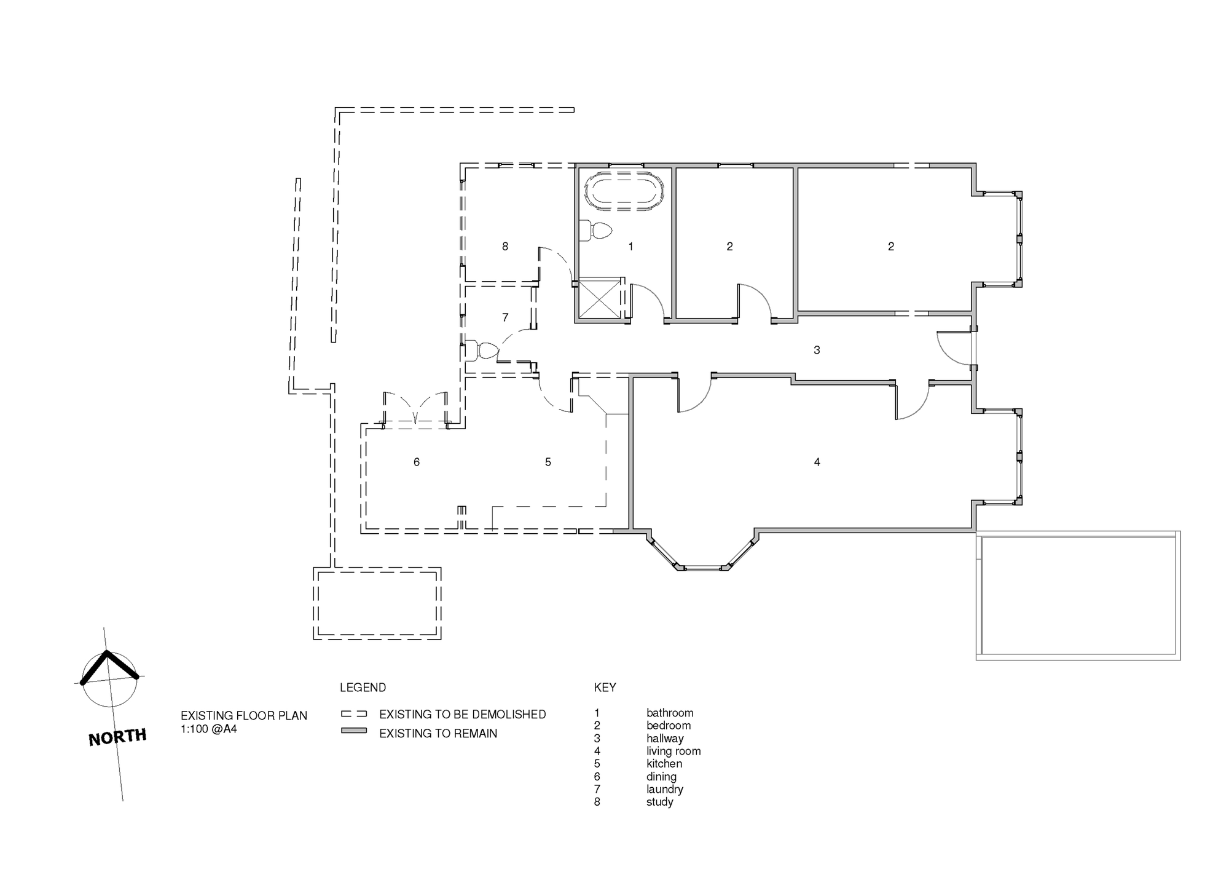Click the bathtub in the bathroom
pos(624,191)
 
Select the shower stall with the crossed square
pos(600,298)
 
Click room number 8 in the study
pos(505,247)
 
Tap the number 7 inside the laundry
pos(505,317)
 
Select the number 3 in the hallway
pos(817,350)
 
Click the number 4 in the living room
pos(817,462)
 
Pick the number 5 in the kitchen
pos(548,462)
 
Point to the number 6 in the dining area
pos(417,462)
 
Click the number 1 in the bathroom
pos(630,247)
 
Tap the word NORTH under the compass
pos(117,737)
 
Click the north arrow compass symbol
pos(109,678)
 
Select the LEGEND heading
pos(363,688)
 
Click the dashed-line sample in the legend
pos(354,714)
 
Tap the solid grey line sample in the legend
pos(354,731)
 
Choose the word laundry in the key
pos(665,789)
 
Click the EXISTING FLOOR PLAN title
pos(244,716)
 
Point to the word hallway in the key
pos(665,739)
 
